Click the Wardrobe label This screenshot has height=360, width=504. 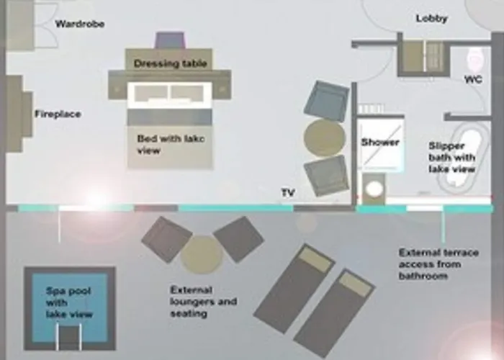pyautogui.click(x=80, y=24)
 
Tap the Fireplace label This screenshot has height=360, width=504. pyautogui.click(x=58, y=114)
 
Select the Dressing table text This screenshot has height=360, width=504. pyautogui.click(x=170, y=63)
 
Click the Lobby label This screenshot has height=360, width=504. pyautogui.click(x=432, y=18)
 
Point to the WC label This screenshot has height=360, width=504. pyautogui.click(x=473, y=79)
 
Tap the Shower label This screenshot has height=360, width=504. pyautogui.click(x=380, y=142)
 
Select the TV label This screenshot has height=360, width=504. pyautogui.click(x=288, y=192)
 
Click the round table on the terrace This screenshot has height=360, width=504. pyautogui.click(x=202, y=253)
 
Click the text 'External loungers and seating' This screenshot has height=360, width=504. pyautogui.click(x=203, y=302)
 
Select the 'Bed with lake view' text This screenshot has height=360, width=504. pyautogui.click(x=171, y=145)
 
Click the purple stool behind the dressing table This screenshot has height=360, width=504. pyautogui.click(x=171, y=40)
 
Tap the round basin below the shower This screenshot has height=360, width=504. pyautogui.click(x=375, y=189)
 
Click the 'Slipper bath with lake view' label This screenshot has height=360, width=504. pyautogui.click(x=451, y=157)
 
